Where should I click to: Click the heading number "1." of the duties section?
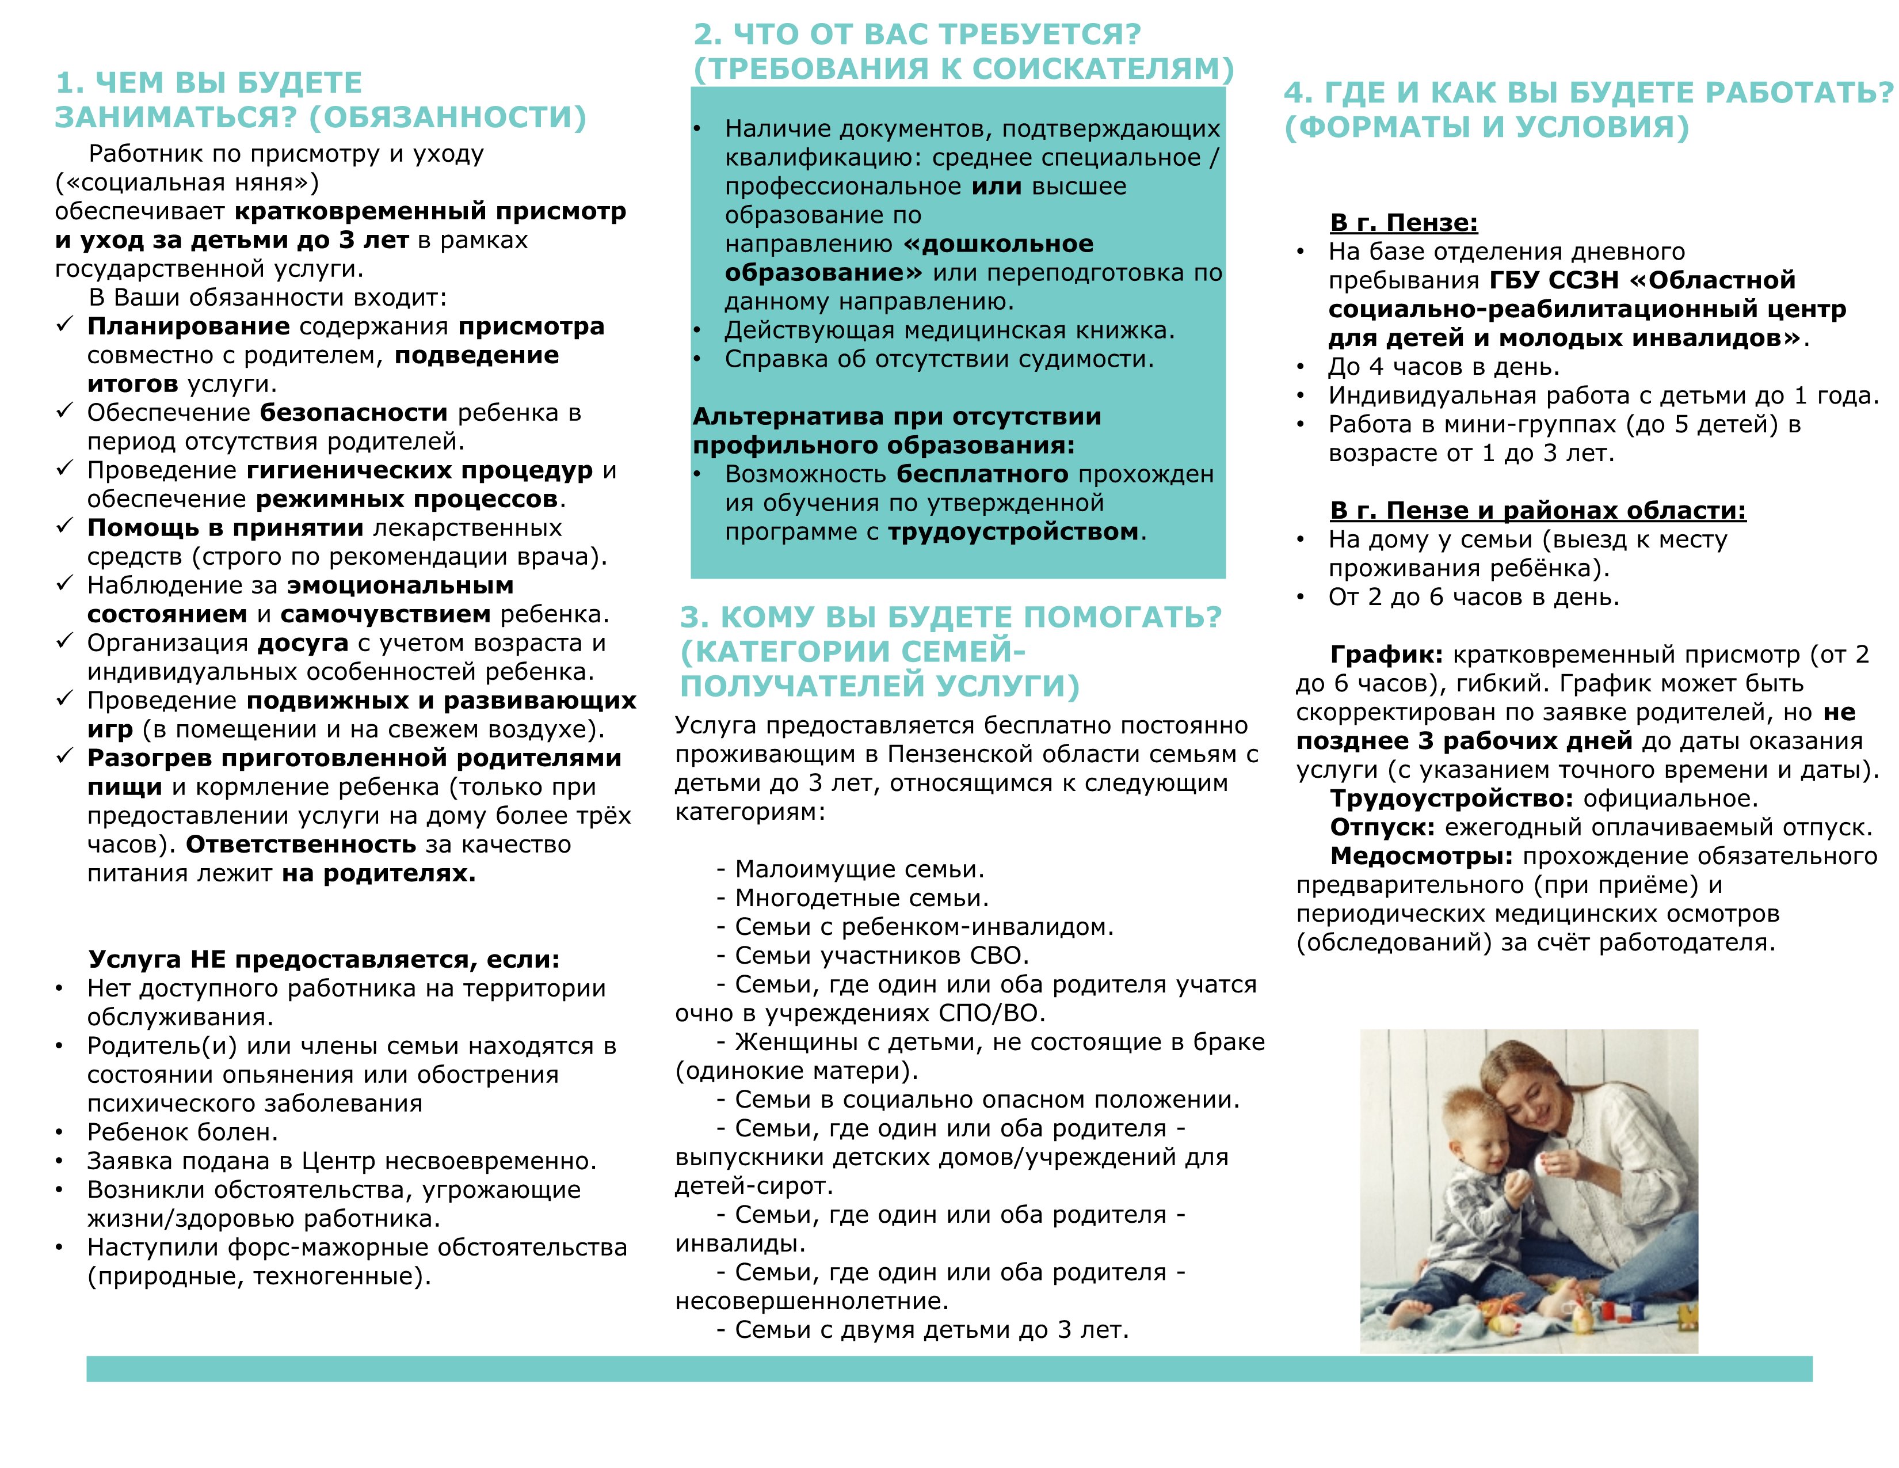click(x=70, y=83)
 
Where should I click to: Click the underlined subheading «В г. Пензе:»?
click(x=1404, y=223)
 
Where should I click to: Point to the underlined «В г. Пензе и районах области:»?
click(x=1537, y=511)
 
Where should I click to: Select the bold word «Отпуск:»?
click(x=1382, y=827)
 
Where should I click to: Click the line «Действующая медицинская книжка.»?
click(x=949, y=330)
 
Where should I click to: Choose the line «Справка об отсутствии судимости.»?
click(x=939, y=359)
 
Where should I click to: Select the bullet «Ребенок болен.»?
click(x=182, y=1132)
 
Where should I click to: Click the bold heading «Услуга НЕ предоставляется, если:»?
click(x=323, y=959)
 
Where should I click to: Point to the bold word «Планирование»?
click(x=188, y=327)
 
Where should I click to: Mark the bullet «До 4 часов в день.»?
click(x=1443, y=367)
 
